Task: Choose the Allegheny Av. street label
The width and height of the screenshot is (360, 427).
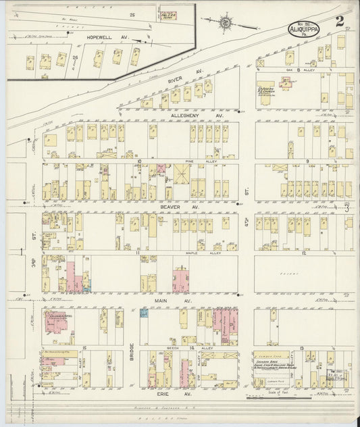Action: point(191,116)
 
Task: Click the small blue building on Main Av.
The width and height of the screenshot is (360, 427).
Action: point(144,312)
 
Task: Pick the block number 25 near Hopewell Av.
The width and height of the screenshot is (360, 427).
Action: point(134,14)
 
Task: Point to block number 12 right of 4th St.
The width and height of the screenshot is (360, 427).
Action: point(306,252)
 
